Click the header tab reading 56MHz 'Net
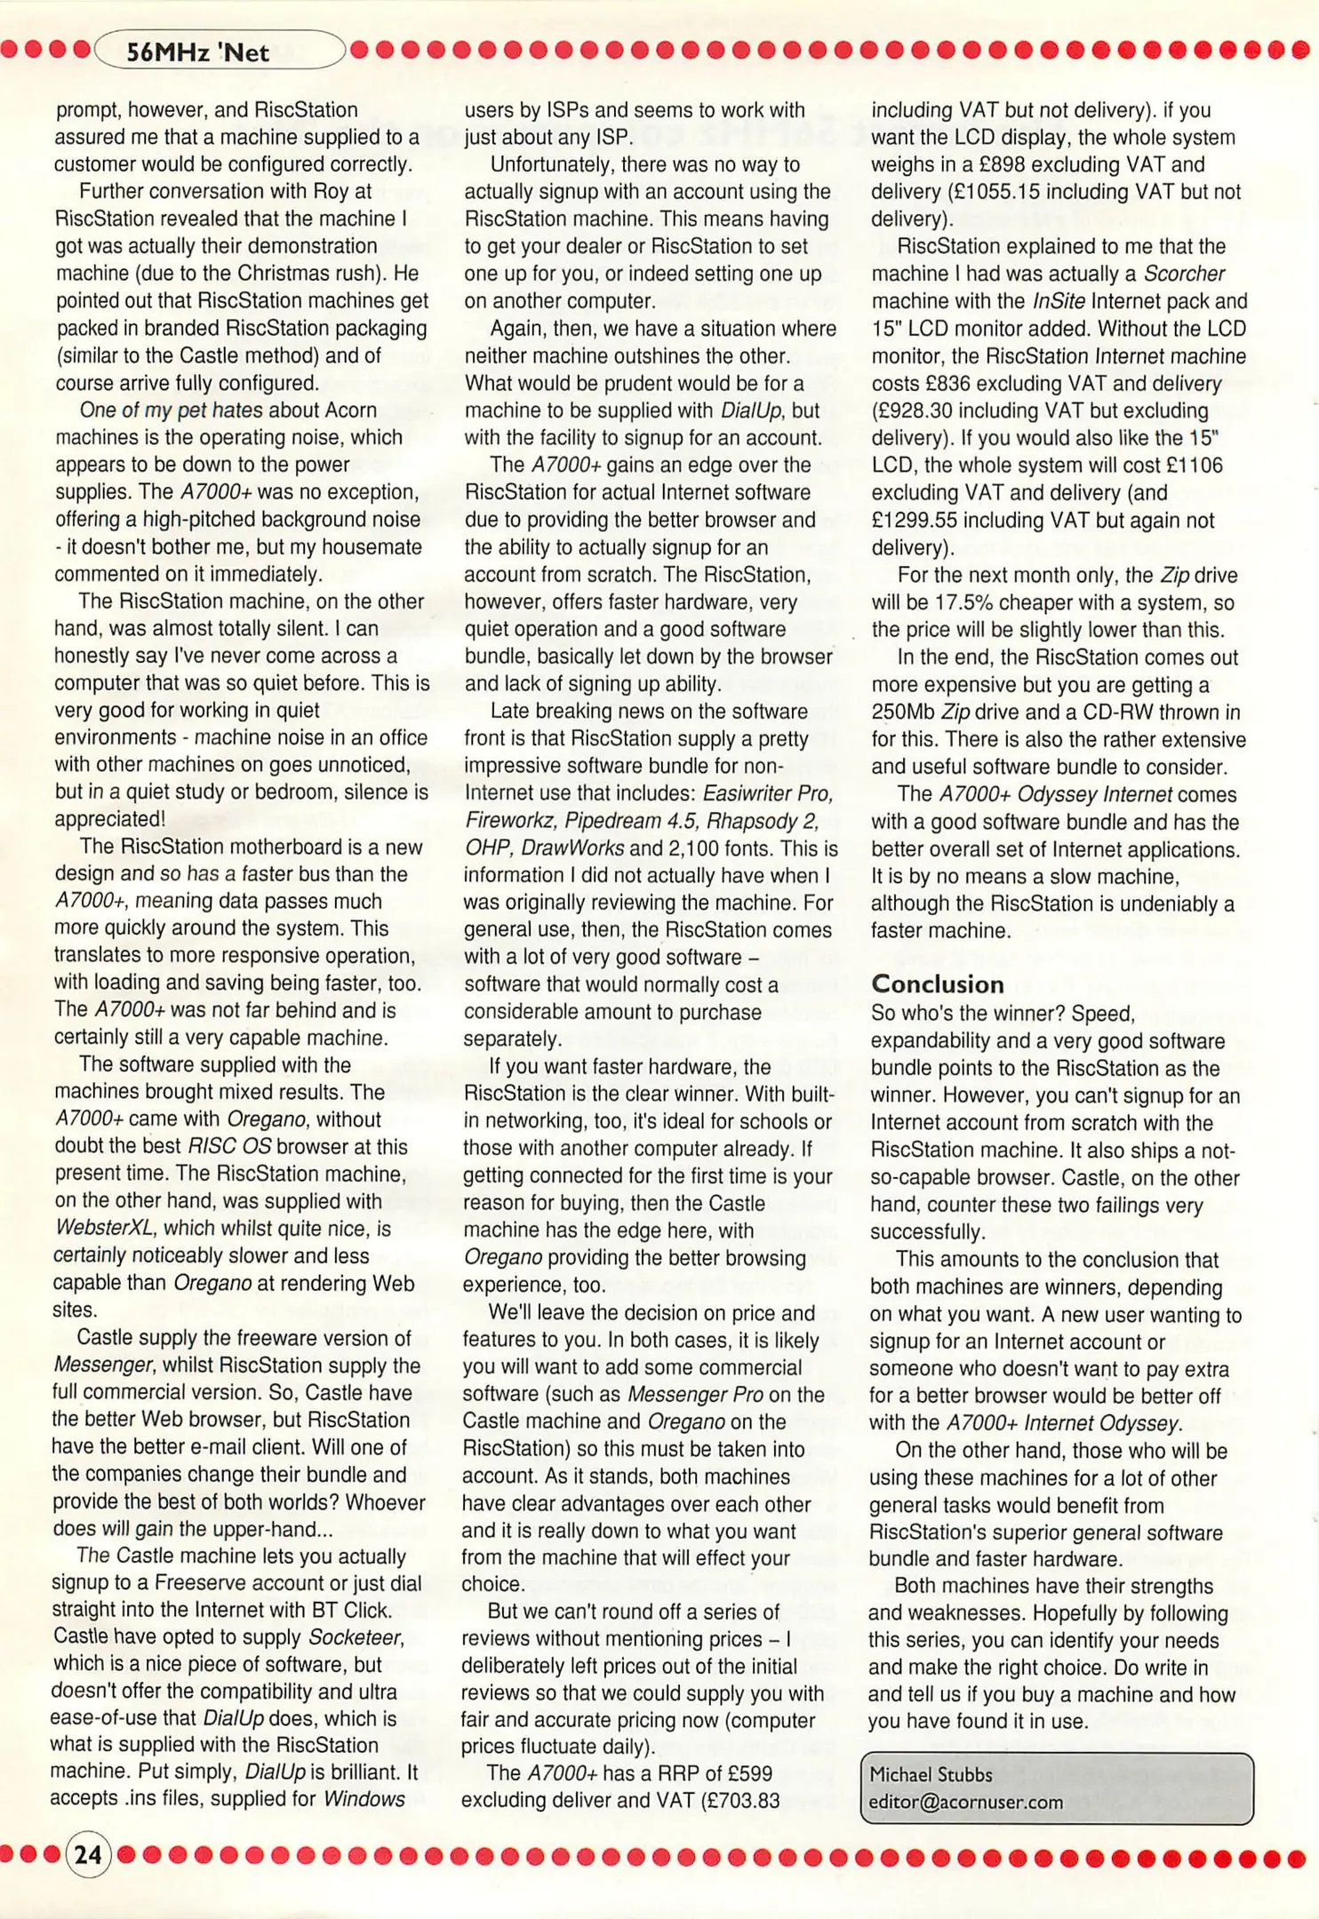point(197,52)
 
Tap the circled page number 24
point(88,1856)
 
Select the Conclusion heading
point(938,984)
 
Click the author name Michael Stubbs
point(931,1775)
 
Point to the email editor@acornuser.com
point(966,1803)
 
